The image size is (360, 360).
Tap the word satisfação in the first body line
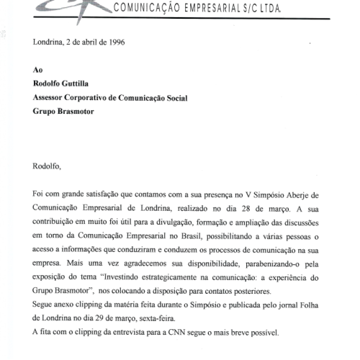click(109, 194)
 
